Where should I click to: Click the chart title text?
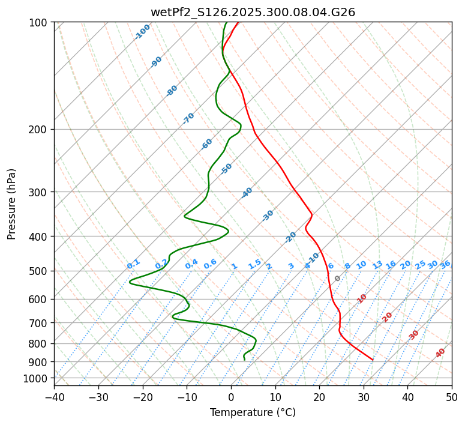(x=253, y=12)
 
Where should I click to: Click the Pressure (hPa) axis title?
(x=11, y=203)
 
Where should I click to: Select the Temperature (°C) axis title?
(x=253, y=412)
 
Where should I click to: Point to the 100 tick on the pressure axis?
(x=38, y=23)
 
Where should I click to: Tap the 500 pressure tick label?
(x=38, y=271)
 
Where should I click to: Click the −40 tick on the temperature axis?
(x=54, y=397)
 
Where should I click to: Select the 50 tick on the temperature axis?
(x=452, y=397)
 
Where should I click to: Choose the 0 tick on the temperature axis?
(x=231, y=397)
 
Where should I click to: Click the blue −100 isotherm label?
(x=142, y=32)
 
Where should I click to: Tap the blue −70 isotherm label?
(x=188, y=118)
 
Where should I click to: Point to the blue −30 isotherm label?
(x=268, y=216)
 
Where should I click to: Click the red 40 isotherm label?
(x=440, y=353)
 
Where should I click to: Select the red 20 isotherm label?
(x=388, y=316)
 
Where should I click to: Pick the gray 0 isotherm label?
(x=338, y=279)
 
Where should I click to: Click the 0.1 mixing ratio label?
(x=133, y=264)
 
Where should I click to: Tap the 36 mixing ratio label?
(x=445, y=264)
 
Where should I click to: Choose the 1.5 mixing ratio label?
(x=254, y=264)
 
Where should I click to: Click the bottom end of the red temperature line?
(x=373, y=360)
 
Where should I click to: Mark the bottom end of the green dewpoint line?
(x=245, y=360)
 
